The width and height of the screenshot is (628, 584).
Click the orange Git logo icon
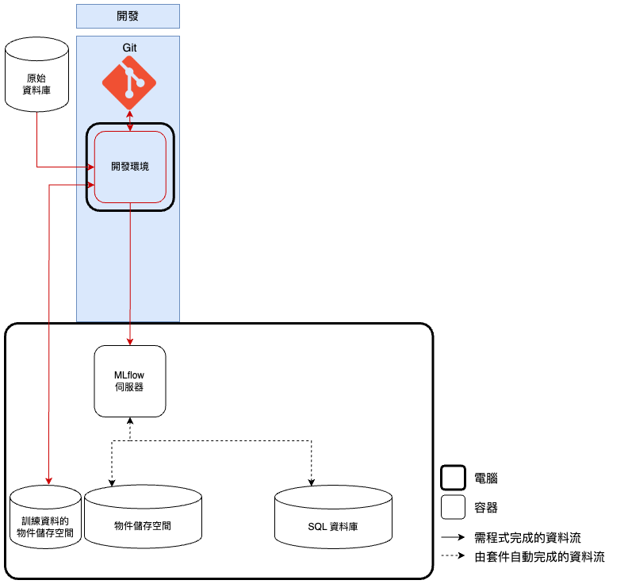(x=129, y=83)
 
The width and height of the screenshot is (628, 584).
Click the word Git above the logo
(x=129, y=48)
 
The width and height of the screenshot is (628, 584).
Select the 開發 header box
(x=128, y=16)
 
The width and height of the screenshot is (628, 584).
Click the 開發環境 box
(x=130, y=167)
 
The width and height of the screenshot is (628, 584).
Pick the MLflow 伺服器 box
(x=130, y=381)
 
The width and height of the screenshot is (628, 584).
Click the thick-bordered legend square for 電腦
(x=453, y=478)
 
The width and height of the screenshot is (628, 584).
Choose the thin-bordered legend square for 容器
(x=453, y=507)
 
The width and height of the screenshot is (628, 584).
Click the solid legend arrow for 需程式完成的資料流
(x=453, y=537)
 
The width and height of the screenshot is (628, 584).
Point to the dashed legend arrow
(x=453, y=556)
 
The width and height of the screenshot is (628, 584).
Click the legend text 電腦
(x=486, y=478)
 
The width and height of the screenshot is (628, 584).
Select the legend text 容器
(x=486, y=507)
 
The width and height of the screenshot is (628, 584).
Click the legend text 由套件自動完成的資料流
(x=539, y=556)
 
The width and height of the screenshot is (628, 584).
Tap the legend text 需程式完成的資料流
(x=527, y=537)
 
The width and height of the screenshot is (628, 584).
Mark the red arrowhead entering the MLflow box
(x=130, y=341)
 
